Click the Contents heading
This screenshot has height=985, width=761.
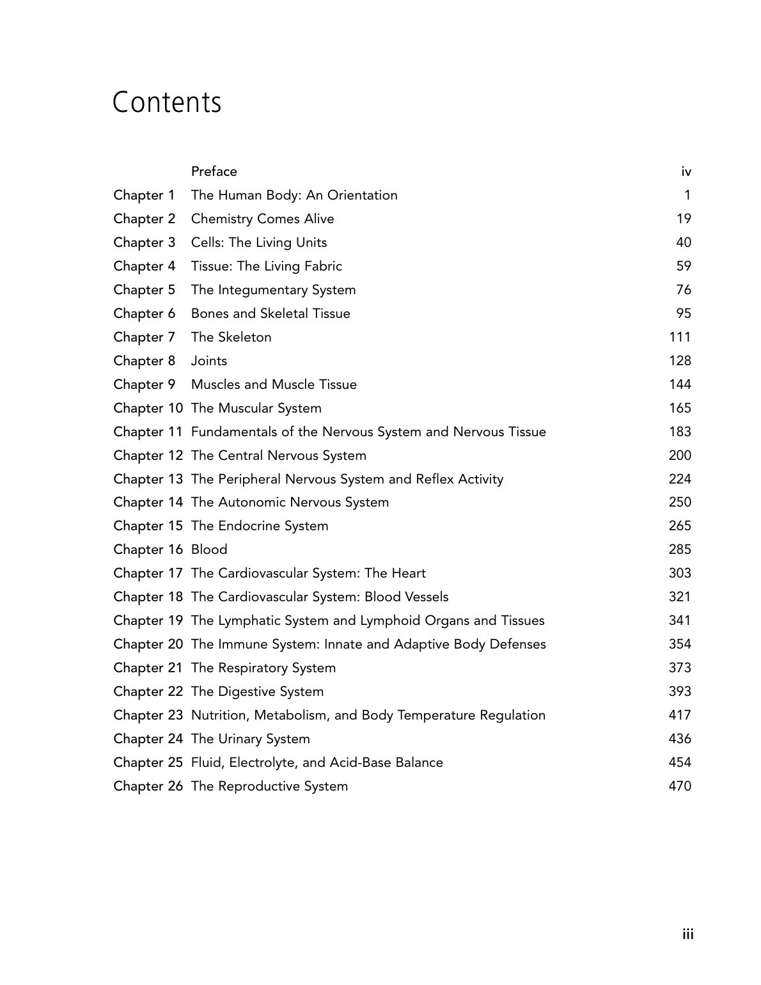point(167,102)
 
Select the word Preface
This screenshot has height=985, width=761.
point(214,171)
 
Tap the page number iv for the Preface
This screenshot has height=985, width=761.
point(686,171)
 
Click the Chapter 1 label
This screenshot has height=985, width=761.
point(144,195)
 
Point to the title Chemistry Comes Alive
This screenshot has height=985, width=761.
point(262,219)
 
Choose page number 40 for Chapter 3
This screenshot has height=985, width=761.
point(684,242)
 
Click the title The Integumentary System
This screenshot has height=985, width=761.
point(273,290)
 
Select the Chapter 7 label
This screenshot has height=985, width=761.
point(144,337)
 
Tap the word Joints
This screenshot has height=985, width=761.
point(208,361)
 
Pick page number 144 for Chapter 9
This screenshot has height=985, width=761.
point(680,384)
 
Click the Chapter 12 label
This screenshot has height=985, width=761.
point(148,455)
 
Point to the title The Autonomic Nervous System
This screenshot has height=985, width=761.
point(290,502)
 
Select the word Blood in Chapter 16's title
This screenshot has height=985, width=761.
point(209,549)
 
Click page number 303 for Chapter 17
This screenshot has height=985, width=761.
point(680,573)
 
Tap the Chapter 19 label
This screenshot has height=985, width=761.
point(148,620)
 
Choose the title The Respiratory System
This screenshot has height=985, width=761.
point(263,668)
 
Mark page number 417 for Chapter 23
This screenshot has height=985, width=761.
point(680,715)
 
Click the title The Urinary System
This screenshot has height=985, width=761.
point(250,739)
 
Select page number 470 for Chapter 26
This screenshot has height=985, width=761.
point(680,786)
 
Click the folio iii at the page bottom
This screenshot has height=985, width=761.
point(687,934)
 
